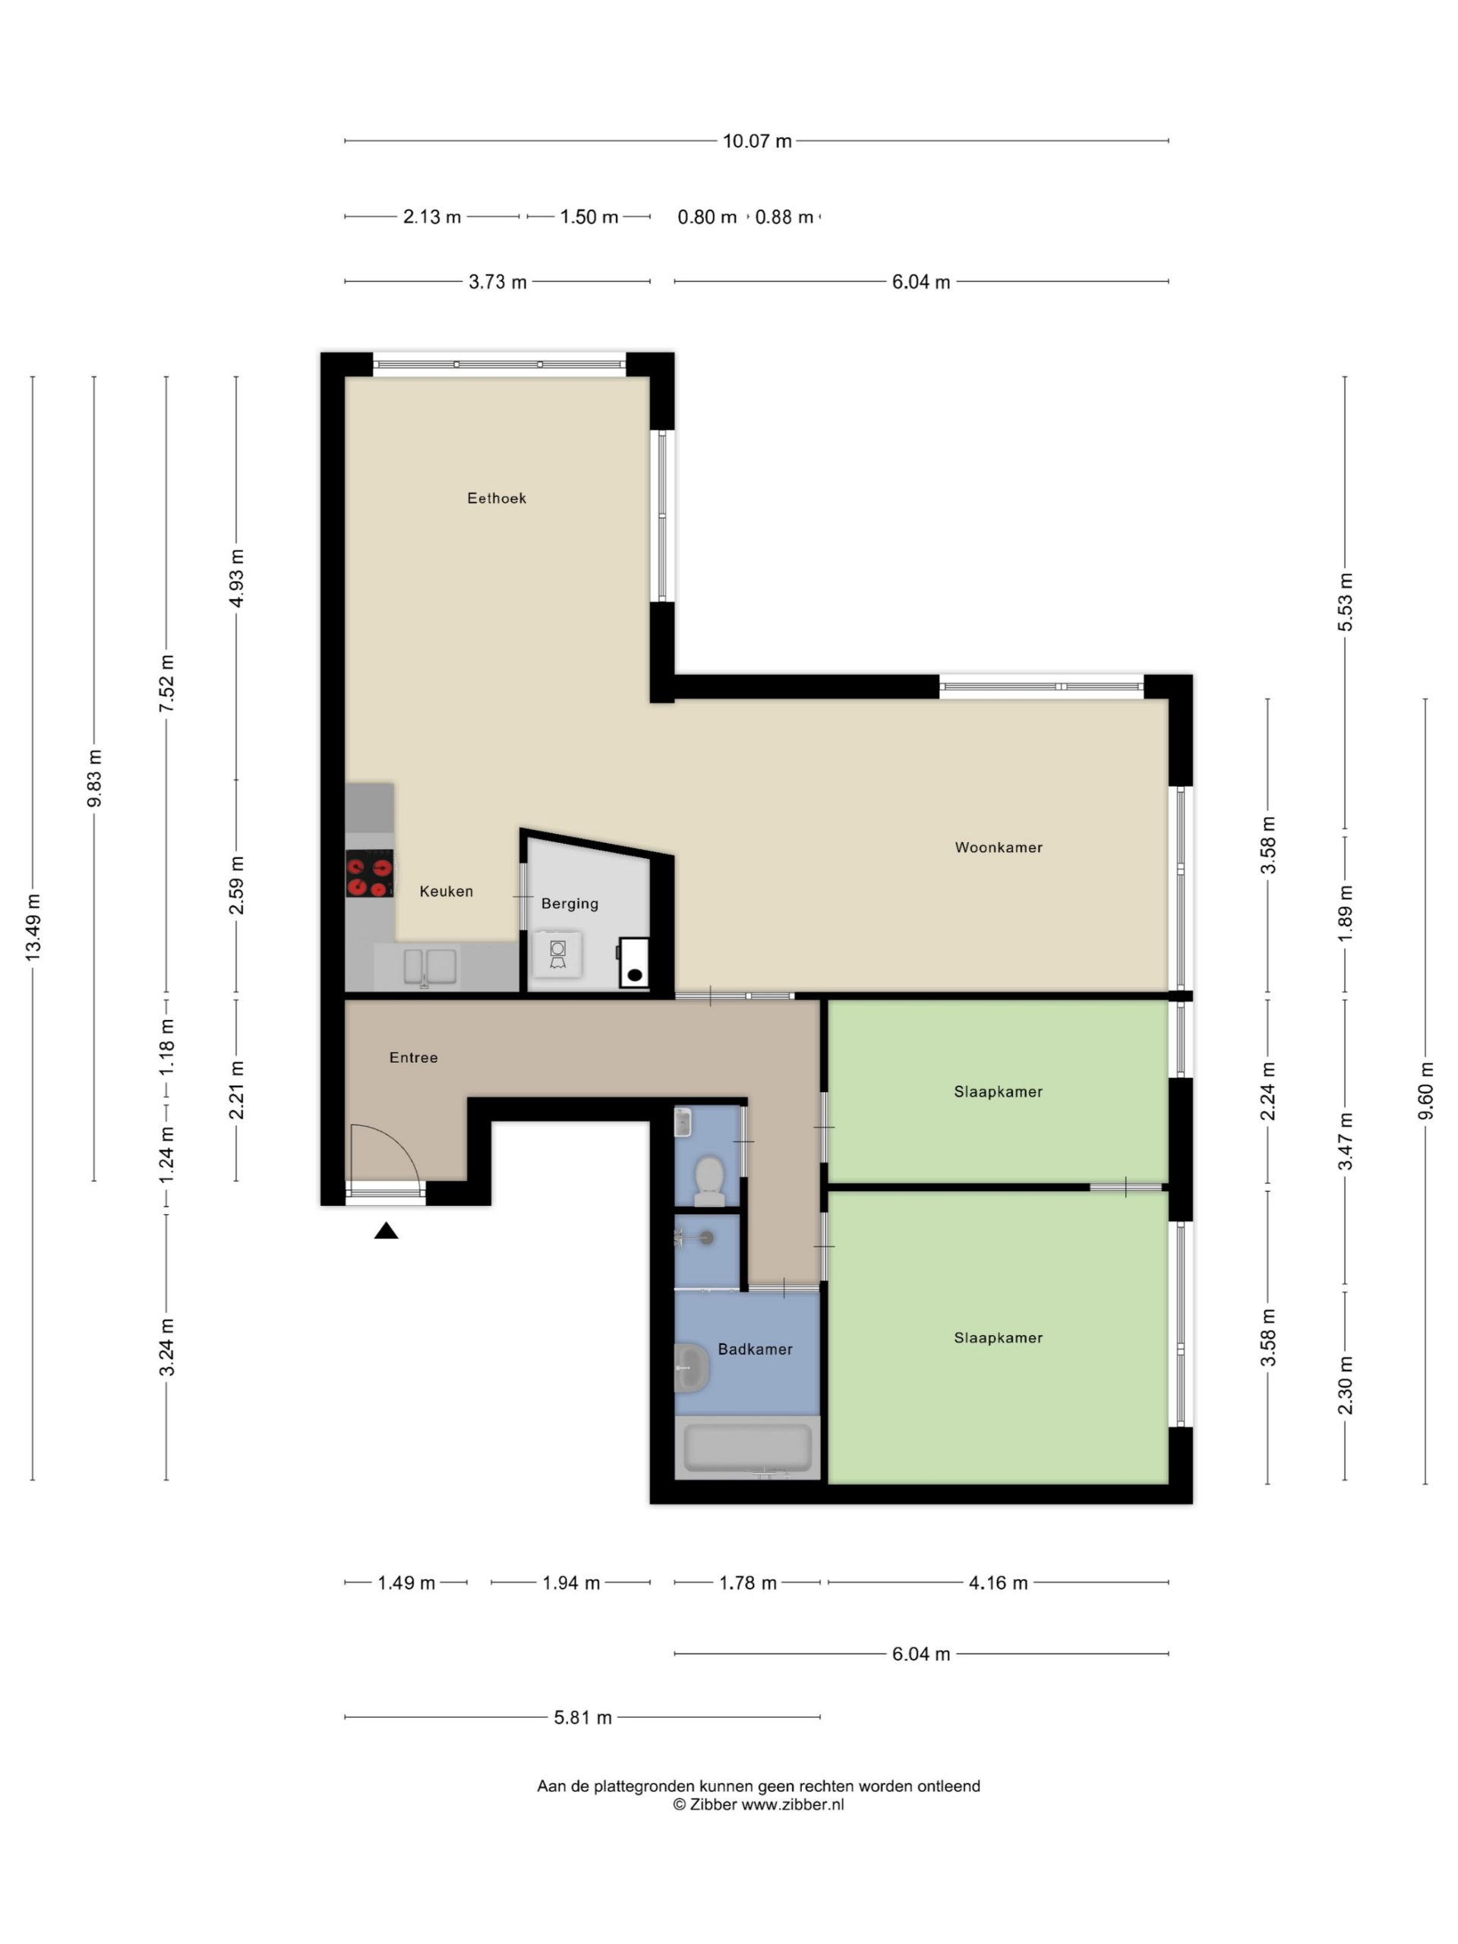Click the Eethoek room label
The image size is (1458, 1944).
[x=496, y=498]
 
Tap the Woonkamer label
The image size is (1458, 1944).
[x=999, y=847]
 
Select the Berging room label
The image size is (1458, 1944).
[x=570, y=904]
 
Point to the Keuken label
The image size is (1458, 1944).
[x=447, y=892]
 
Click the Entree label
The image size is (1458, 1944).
[x=413, y=1057]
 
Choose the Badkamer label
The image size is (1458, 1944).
[x=755, y=1349]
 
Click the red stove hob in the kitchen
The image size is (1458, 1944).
[x=369, y=873]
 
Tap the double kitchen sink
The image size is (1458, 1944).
[x=430, y=967]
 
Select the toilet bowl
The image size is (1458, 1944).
[x=708, y=1180]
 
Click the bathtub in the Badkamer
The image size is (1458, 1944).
[x=747, y=1448]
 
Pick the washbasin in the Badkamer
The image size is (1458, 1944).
[x=692, y=1368]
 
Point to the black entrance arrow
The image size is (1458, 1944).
[x=386, y=1230]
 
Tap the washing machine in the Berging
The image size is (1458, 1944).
[x=557, y=955]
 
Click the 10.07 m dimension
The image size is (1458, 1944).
[x=756, y=140]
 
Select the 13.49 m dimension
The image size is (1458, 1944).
[x=33, y=926]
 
